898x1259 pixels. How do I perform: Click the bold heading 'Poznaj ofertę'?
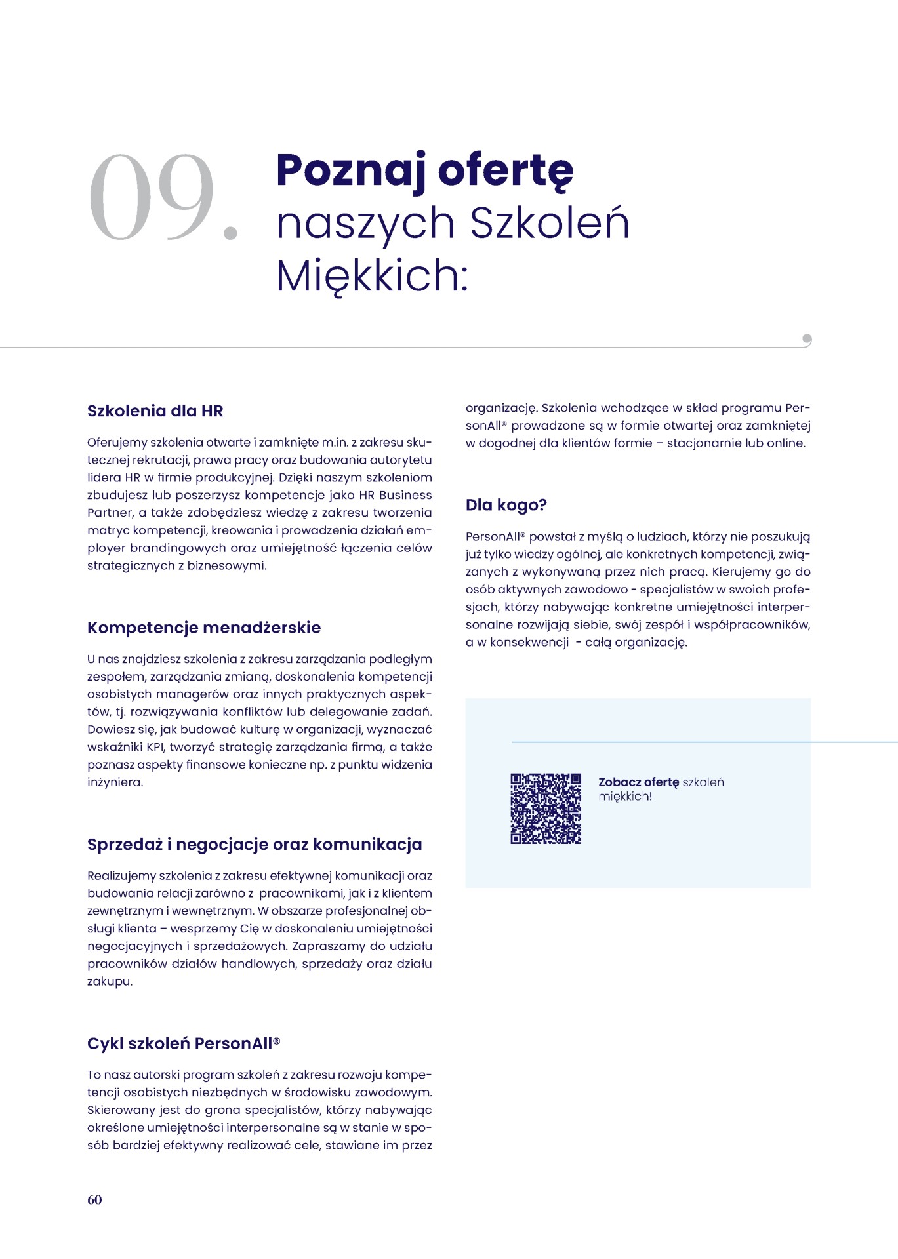coord(425,170)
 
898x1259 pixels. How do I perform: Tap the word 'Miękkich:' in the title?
coord(372,275)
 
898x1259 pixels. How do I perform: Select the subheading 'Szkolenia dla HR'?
coord(155,411)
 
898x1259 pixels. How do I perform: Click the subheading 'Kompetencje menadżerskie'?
coord(204,628)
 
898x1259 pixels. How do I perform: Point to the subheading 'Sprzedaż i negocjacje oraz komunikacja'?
coord(255,845)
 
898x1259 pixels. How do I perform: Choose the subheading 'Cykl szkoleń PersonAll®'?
coord(184,1043)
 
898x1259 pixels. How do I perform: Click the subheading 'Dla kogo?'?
coord(506,505)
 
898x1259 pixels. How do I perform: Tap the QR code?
coord(546,809)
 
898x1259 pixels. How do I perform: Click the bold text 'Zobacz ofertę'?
coord(638,782)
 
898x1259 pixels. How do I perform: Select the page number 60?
coord(94,1199)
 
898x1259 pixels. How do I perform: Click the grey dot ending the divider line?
coord(807,339)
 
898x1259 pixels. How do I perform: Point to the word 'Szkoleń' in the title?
coord(550,223)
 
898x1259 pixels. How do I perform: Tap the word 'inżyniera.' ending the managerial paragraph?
coord(115,782)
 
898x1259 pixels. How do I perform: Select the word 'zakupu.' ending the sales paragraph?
coord(110,982)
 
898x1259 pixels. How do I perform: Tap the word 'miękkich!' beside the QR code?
coord(625,797)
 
